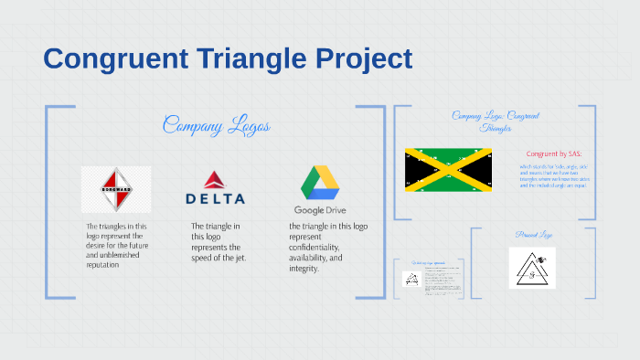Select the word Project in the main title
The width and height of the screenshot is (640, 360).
[361, 59]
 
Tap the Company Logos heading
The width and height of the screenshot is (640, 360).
[216, 125]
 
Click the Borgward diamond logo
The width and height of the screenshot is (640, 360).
[116, 189]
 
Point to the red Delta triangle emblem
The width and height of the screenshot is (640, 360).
[214, 180]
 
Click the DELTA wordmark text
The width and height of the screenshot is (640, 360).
[215, 198]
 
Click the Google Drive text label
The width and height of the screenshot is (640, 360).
[320, 210]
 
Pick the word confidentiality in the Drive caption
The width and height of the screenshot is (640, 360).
[315, 248]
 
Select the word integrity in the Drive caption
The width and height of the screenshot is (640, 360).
[306, 269]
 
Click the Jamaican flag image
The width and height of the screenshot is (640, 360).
[449, 169]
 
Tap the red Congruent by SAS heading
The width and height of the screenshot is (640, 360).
[554, 154]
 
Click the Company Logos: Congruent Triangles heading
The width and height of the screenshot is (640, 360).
[495, 122]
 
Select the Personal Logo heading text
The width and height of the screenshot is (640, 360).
[532, 235]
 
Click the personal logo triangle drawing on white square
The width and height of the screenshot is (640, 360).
[532, 268]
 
